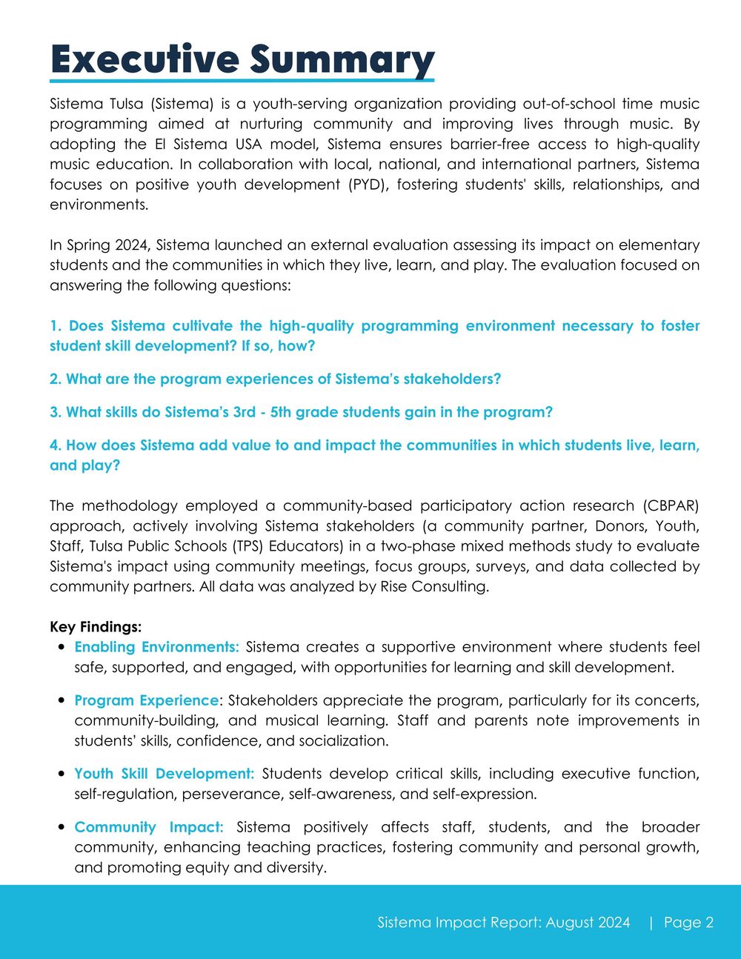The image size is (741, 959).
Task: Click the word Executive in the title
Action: [144, 59]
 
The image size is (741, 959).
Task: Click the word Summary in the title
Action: [342, 59]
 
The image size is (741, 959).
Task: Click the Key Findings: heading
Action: [96, 627]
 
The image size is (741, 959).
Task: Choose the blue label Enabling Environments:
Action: [156, 647]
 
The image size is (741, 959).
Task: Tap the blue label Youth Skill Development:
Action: [164, 774]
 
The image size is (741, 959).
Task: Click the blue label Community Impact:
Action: [149, 827]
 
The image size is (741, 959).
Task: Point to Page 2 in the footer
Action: [688, 923]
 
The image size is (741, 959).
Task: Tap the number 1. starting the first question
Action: [56, 326]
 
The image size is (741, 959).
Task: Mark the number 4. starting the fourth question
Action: [56, 445]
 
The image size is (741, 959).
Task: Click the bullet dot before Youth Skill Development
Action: [59, 774]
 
